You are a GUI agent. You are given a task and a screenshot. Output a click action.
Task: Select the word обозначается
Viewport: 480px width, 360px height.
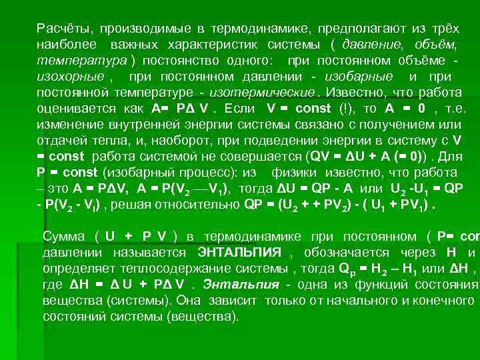pyautogui.click(x=343, y=253)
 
